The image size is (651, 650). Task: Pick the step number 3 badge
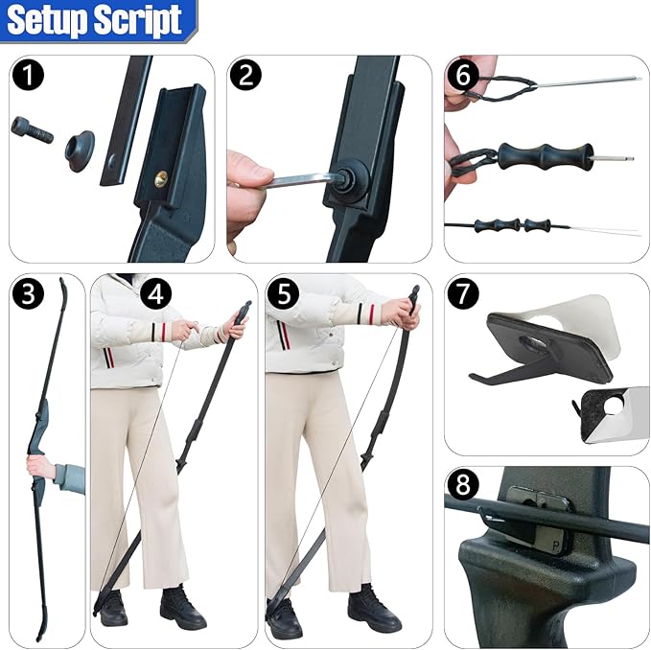[x=30, y=294]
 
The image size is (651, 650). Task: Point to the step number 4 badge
[x=156, y=294]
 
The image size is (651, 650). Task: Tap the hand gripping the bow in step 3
[x=42, y=468]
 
